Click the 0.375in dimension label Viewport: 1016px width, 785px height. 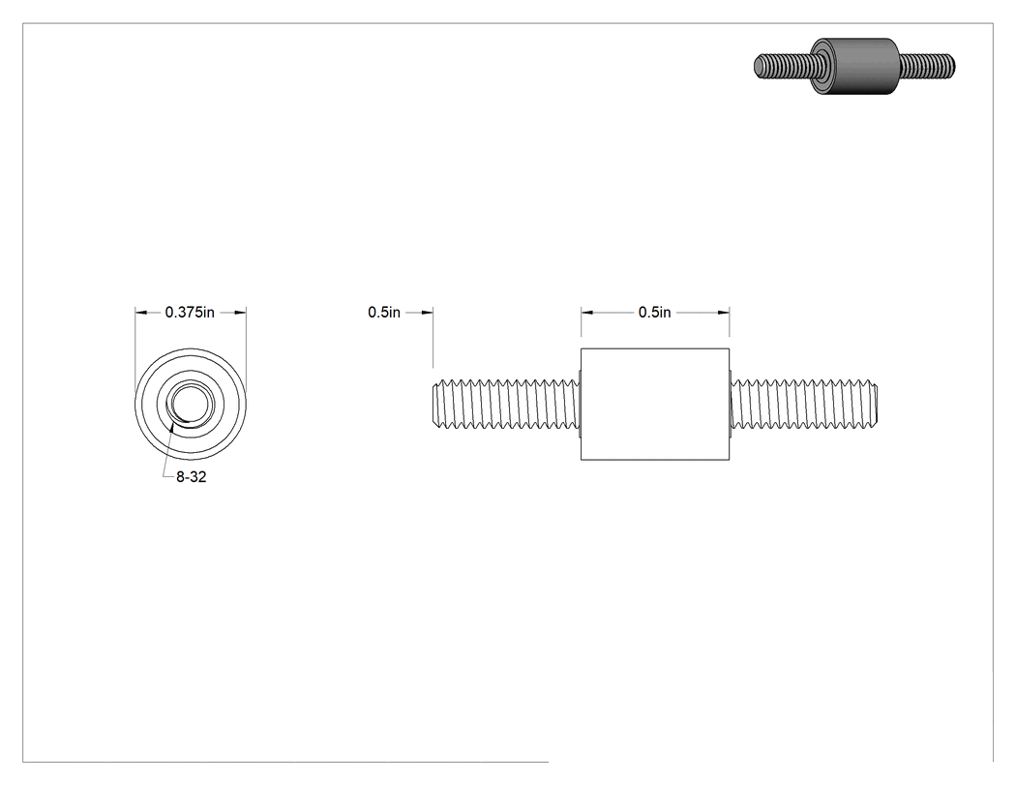190,313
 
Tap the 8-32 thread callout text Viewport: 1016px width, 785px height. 192,477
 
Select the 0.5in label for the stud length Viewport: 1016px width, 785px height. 384,313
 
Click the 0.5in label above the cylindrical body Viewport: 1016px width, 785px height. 654,313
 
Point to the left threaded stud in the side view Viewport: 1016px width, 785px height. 506,405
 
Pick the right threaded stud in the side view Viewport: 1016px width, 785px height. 804,405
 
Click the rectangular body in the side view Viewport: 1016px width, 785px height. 655,405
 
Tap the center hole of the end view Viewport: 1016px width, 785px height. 191,404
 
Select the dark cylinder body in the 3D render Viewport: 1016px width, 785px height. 855,66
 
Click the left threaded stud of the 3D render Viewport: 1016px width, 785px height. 784,67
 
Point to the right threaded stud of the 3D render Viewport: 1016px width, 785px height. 927,66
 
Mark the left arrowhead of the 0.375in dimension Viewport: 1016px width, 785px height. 140,313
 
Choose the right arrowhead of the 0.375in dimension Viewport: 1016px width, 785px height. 240,313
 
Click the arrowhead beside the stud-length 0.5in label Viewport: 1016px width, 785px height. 427,313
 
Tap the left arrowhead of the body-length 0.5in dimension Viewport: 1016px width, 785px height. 587,313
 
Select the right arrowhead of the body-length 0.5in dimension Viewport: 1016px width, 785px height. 723,313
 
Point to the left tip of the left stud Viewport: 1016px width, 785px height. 433,405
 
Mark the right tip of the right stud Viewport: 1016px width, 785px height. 878,405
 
